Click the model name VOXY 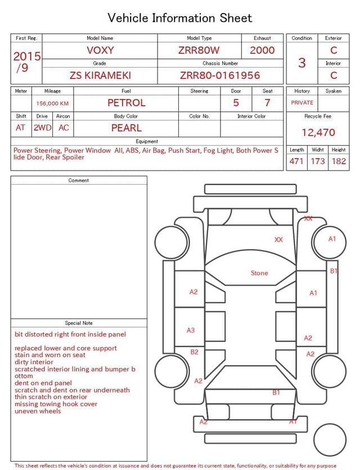coord(100,50)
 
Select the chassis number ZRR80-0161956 coord(220,75)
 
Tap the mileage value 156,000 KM coord(52,104)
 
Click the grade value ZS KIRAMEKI coord(100,75)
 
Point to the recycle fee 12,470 coord(318,133)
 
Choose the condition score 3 coord(302,63)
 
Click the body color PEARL coord(126,128)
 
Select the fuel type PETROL coord(126,103)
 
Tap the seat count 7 coord(267,103)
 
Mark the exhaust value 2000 coord(262,50)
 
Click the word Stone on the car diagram coord(259,273)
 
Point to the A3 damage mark coord(191,330)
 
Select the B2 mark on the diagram coord(194,352)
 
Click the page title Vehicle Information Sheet coord(180,18)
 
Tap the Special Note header coord(79,323)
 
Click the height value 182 coord(339,162)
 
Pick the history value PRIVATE coord(302,103)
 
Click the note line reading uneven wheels coord(38,411)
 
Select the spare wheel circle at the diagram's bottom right coord(330,440)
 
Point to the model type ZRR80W coord(199,50)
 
